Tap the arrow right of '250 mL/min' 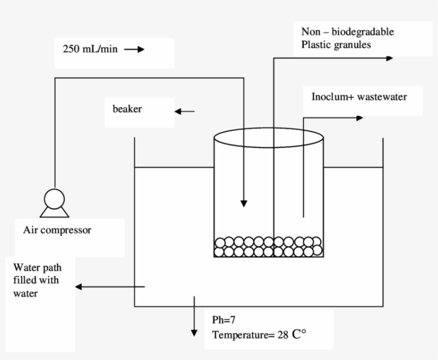[x=134, y=50]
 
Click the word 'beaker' [x=127, y=109]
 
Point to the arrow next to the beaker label [x=185, y=111]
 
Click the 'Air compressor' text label [x=57, y=231]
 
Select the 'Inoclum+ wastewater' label [x=359, y=97]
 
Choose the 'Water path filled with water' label [x=37, y=279]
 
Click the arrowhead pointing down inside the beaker [x=244, y=204]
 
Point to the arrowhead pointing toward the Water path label [x=79, y=287]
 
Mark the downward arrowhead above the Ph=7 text [x=194, y=333]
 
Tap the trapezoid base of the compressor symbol [x=53, y=212]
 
